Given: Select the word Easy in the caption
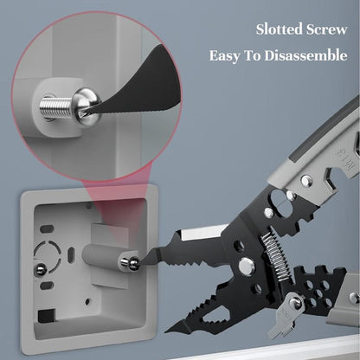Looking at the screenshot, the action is coord(224,55).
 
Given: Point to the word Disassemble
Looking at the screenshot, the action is coord(305,55).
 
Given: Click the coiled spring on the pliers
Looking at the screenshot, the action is coord(274,256).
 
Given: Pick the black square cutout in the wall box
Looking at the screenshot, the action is coord(47,316).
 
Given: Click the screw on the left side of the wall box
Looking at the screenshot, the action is coord(40,269).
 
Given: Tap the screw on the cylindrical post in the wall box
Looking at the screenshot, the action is coord(131,262).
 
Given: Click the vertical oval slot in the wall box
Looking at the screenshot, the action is coord(70,254).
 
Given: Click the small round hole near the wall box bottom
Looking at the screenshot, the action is coord(87,301).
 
